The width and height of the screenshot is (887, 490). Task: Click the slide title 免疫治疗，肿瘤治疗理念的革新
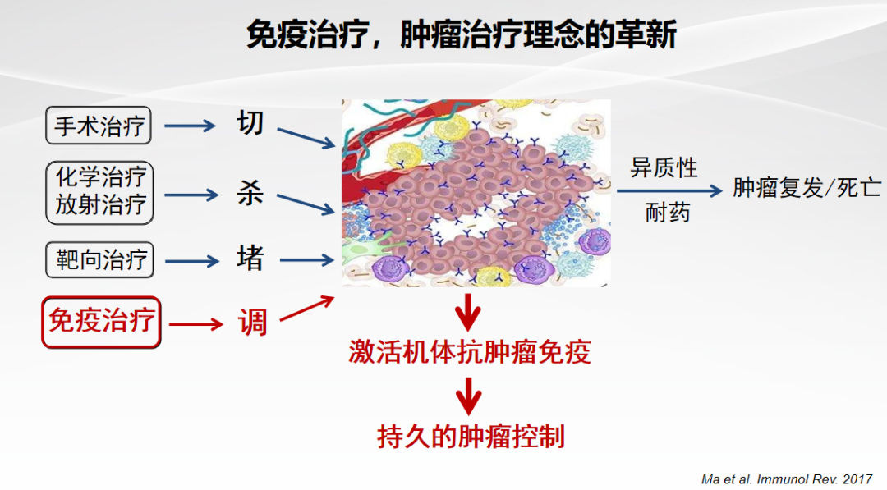(461, 34)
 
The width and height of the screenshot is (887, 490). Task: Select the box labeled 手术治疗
(99, 125)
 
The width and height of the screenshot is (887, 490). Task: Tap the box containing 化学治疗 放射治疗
(99, 192)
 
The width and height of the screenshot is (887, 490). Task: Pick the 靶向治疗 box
(99, 260)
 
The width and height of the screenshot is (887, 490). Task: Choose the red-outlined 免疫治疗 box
(101, 322)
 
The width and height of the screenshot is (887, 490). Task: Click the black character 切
(250, 122)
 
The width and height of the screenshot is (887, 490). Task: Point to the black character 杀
(250, 193)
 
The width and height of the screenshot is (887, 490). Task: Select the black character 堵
(250, 259)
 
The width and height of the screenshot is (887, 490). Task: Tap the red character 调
(252, 323)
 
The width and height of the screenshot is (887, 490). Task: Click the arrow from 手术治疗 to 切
(190, 126)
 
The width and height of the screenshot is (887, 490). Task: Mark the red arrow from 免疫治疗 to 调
(196, 324)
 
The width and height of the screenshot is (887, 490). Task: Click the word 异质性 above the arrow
(664, 168)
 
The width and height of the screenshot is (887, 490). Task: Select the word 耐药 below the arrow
(668, 213)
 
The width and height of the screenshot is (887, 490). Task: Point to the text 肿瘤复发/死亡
(807, 188)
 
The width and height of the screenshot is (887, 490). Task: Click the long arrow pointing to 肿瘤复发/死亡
(670, 190)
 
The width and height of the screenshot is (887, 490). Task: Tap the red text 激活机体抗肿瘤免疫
(470, 351)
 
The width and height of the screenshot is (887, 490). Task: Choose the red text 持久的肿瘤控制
(471, 437)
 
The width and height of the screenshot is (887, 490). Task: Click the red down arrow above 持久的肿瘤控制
(469, 396)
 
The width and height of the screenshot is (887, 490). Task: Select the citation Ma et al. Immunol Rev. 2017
(786, 479)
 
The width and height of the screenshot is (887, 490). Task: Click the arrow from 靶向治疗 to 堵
(191, 260)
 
